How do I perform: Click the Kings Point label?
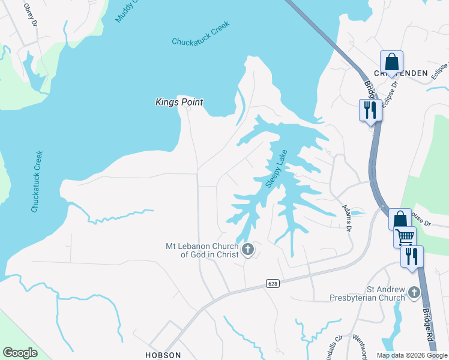pyautogui.click(x=179, y=103)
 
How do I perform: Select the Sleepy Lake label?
pyautogui.click(x=277, y=169)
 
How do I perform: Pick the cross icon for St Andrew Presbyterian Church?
pyautogui.click(x=414, y=292)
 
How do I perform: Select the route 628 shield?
pyautogui.click(x=273, y=283)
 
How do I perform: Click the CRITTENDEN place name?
pyautogui.click(x=401, y=73)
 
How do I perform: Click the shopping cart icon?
pyautogui.click(x=405, y=236)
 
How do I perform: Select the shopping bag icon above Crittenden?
pyautogui.click(x=391, y=62)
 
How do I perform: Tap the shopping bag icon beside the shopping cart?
pyautogui.click(x=400, y=219)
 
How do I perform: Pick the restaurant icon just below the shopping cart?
pyautogui.click(x=412, y=256)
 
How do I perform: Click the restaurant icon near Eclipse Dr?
pyautogui.click(x=370, y=109)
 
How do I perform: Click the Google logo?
pyautogui.click(x=20, y=353)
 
